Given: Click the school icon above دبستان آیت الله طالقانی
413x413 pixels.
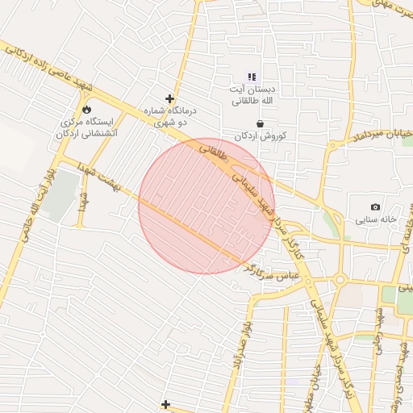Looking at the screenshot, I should point(251,77).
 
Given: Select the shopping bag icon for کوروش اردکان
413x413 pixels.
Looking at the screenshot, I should point(260,123).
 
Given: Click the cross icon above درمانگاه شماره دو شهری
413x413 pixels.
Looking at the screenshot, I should point(169,98).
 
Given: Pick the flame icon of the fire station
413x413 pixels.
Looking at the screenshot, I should point(86,109).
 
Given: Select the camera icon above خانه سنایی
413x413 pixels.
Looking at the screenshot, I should point(375,207).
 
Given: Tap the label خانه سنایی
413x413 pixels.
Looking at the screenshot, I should point(377,220).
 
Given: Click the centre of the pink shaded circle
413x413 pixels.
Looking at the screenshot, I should point(206,206).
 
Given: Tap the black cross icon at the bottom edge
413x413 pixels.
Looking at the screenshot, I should point(165,404).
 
